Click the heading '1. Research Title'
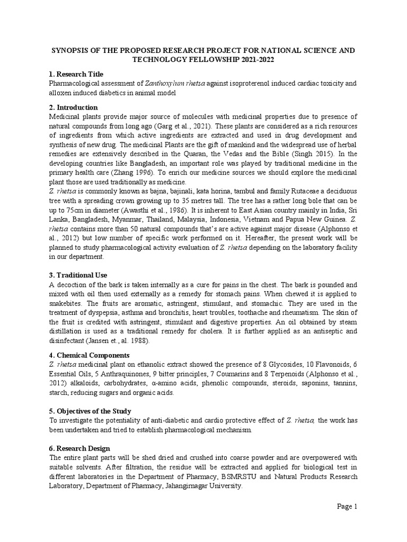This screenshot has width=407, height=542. [x=76, y=74]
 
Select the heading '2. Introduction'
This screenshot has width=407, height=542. [x=73, y=107]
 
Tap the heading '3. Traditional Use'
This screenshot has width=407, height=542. [x=78, y=275]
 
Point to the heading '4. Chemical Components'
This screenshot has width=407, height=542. [x=89, y=355]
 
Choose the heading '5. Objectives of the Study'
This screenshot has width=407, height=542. [x=90, y=411]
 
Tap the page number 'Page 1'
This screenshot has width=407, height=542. [x=348, y=506]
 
